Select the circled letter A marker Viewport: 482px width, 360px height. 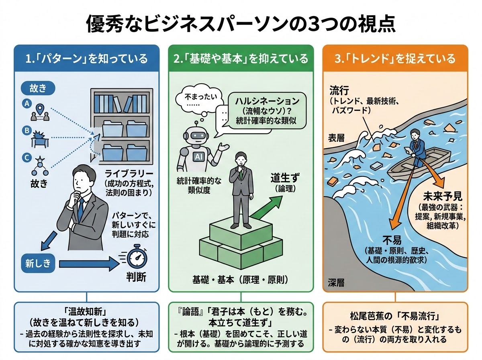click(x=27, y=104)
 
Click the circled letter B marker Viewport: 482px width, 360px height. click(x=27, y=130)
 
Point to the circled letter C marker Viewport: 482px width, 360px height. click(x=27, y=158)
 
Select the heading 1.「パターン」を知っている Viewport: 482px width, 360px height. click(x=87, y=59)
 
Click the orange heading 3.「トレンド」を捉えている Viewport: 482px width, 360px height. click(x=395, y=59)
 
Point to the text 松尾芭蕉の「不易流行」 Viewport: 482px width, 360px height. click(x=395, y=315)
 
